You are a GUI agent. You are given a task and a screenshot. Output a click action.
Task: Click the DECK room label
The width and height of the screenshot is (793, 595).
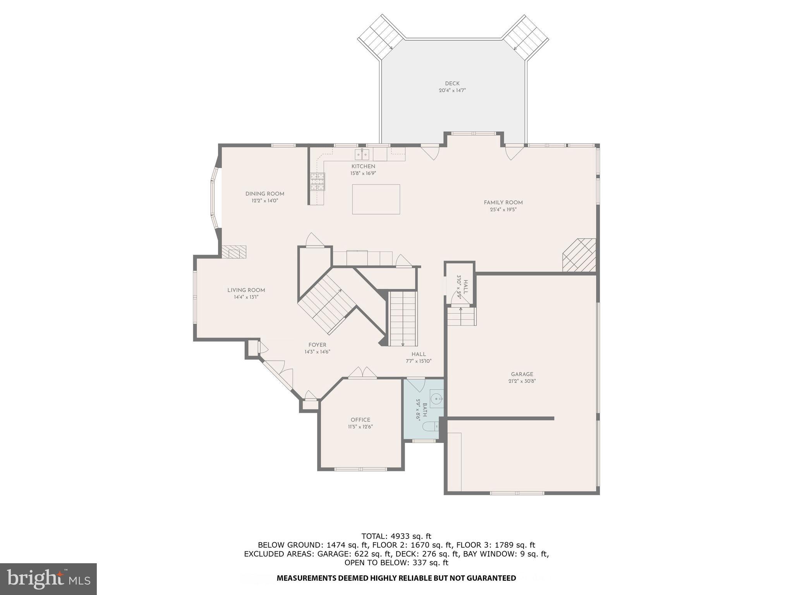pos(452,83)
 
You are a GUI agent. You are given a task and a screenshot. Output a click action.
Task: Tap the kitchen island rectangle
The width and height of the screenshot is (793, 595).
pos(376,199)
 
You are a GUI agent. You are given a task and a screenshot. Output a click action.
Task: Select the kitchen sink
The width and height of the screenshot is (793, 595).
pos(362,155)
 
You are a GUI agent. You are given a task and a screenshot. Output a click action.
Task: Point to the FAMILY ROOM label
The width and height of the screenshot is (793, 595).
pos(503,202)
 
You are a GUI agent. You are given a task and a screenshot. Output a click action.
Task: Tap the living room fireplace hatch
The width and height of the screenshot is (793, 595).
pos(234,252)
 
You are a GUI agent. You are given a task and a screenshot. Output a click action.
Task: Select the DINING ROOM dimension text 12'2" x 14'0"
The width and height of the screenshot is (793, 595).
pos(265,201)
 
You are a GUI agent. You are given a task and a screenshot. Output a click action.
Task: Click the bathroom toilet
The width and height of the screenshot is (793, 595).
pos(430,427)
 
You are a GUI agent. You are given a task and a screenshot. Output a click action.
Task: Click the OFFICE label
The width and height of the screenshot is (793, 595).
pos(360,420)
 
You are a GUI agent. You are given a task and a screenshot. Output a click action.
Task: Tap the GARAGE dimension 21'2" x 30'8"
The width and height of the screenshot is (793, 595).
pos(522,381)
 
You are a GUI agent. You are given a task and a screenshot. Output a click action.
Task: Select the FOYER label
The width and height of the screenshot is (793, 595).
pos(317,345)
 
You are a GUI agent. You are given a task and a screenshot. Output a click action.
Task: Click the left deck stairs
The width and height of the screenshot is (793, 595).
pos(379,37)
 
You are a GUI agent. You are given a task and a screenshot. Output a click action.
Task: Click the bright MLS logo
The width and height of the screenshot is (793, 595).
pos(48,579)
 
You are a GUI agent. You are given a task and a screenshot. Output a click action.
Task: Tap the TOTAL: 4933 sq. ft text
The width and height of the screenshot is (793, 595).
pos(396,536)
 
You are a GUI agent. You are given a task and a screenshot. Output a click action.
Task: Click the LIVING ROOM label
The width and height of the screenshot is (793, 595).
pos(246,290)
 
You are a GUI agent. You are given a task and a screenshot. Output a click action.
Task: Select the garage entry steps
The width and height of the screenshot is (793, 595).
pos(462,316)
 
